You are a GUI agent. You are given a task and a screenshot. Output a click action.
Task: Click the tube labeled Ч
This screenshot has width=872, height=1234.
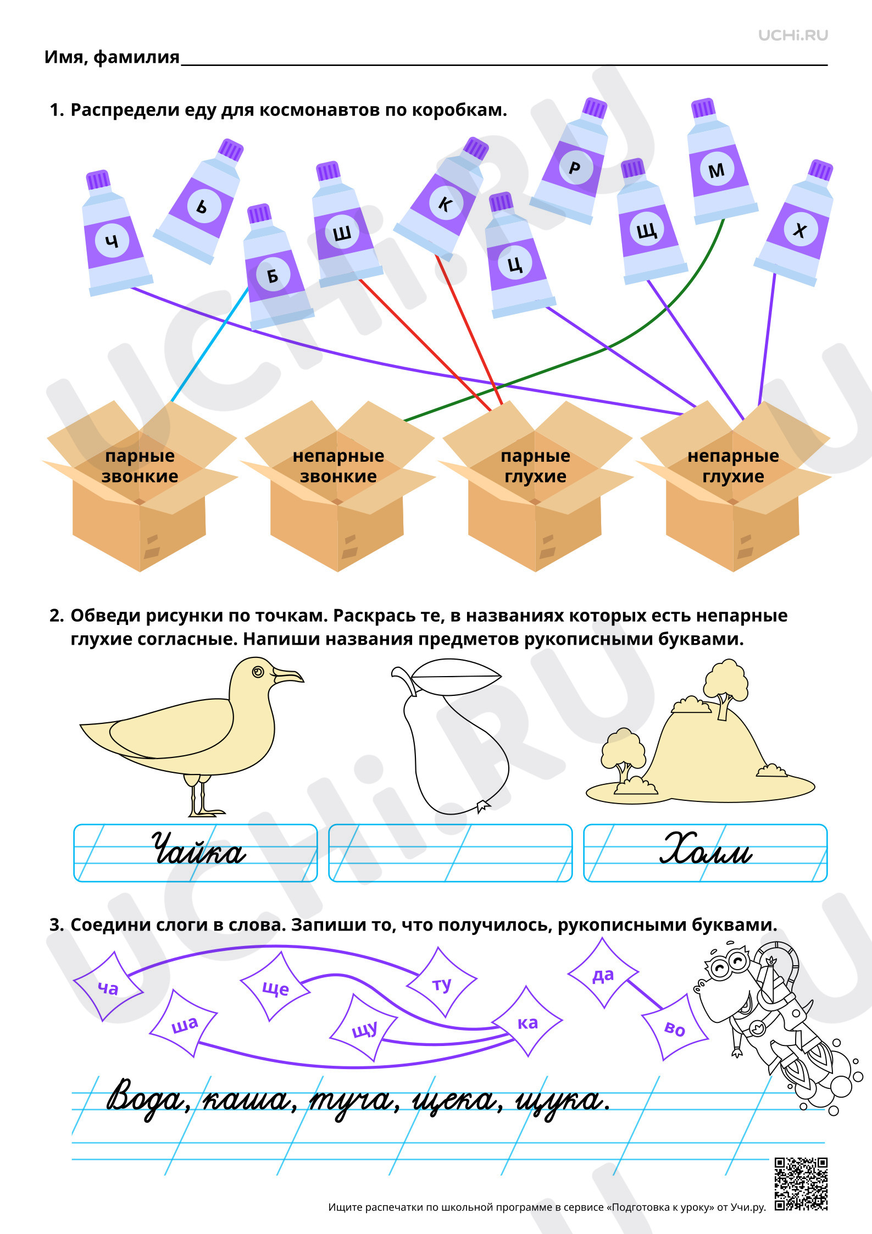(x=115, y=233)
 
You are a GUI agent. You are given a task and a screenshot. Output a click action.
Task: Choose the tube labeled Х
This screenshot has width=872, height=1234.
(x=797, y=223)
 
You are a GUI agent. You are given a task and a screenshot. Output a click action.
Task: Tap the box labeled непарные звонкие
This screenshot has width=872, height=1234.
(x=338, y=486)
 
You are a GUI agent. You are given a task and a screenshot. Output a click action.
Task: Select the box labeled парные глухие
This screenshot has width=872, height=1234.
(x=536, y=486)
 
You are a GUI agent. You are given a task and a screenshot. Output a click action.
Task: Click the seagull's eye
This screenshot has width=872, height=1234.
(x=258, y=672)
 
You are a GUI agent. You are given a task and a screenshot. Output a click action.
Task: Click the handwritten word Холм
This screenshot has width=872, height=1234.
(x=706, y=848)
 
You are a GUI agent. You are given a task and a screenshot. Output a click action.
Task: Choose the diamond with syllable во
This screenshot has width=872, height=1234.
(x=675, y=1027)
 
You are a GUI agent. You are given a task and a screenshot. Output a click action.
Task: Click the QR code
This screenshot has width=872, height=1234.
(x=801, y=1184)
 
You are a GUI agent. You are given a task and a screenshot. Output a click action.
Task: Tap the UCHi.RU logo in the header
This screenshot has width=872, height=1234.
(x=793, y=35)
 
